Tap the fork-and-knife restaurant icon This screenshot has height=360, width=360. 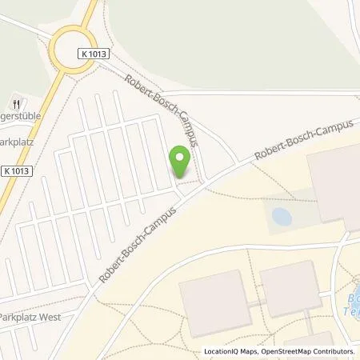16,104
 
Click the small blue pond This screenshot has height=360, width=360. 282,216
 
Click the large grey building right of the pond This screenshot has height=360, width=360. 334,186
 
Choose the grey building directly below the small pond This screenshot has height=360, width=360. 290,287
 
